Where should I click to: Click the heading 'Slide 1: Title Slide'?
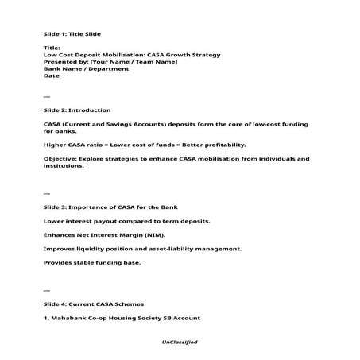pyautogui.click(x=72, y=34)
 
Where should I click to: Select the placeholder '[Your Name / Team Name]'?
pyautogui.click(x=134, y=62)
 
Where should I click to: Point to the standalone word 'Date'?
pyautogui.click(x=51, y=76)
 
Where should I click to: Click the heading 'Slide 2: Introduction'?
pyautogui.click(x=76, y=110)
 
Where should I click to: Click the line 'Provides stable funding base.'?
pyautogui.click(x=91, y=262)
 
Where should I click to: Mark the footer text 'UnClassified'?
pyautogui.click(x=179, y=342)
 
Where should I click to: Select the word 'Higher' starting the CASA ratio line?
pyautogui.click(x=54, y=145)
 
